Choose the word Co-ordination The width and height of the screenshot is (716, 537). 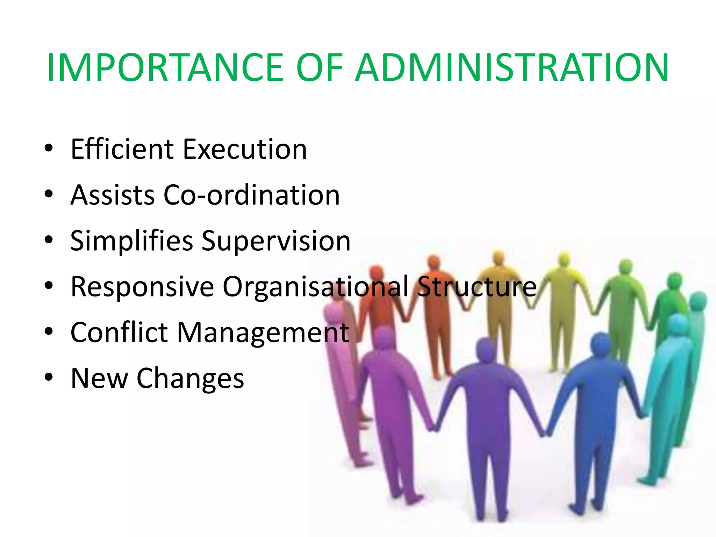251,195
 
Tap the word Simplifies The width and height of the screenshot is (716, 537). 131,241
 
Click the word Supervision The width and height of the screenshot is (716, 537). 276,241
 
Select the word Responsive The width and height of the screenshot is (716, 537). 142,287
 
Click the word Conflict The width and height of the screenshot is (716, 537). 119,332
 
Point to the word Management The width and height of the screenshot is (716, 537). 263,332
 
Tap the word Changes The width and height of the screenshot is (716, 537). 190,379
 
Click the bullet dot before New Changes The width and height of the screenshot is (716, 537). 49,377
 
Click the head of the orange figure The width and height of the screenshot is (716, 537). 434,262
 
